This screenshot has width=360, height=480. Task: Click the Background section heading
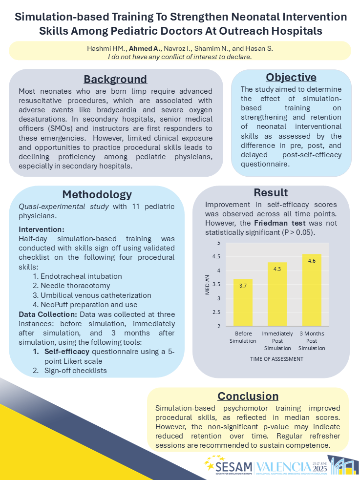tap(115, 79)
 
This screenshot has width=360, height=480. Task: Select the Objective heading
tap(291, 77)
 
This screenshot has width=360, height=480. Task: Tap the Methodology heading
tap(97, 194)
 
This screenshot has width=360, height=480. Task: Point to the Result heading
tap(271, 192)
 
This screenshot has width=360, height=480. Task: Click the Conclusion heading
tap(248, 396)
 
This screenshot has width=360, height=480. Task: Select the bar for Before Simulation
tap(243, 302)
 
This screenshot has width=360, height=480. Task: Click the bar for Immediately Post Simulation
tap(277, 294)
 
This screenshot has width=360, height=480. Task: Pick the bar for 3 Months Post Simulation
tap(311, 290)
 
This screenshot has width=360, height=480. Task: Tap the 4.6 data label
tap(312, 261)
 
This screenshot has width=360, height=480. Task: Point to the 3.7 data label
tap(243, 286)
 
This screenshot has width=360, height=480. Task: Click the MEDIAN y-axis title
tap(207, 285)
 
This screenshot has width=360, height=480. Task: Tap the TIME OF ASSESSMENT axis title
tap(277, 358)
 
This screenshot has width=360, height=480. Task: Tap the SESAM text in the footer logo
tap(234, 466)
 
